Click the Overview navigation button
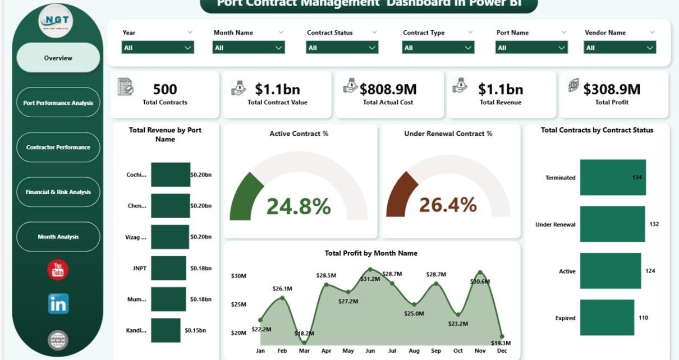point(58,58)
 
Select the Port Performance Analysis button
point(58,103)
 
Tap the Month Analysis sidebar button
point(58,237)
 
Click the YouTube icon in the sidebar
point(58,270)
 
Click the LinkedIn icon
point(58,303)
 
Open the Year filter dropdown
point(158,48)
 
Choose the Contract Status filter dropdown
point(342,48)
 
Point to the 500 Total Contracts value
point(165,89)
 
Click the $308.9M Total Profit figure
point(612,89)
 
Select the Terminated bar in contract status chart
point(613,177)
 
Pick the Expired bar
point(607,317)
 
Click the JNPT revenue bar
point(168,268)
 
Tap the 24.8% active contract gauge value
point(298,206)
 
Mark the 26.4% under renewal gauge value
point(448,205)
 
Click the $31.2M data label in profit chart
point(370,279)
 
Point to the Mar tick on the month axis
point(304,350)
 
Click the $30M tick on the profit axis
point(239,275)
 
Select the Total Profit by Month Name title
point(371,253)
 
